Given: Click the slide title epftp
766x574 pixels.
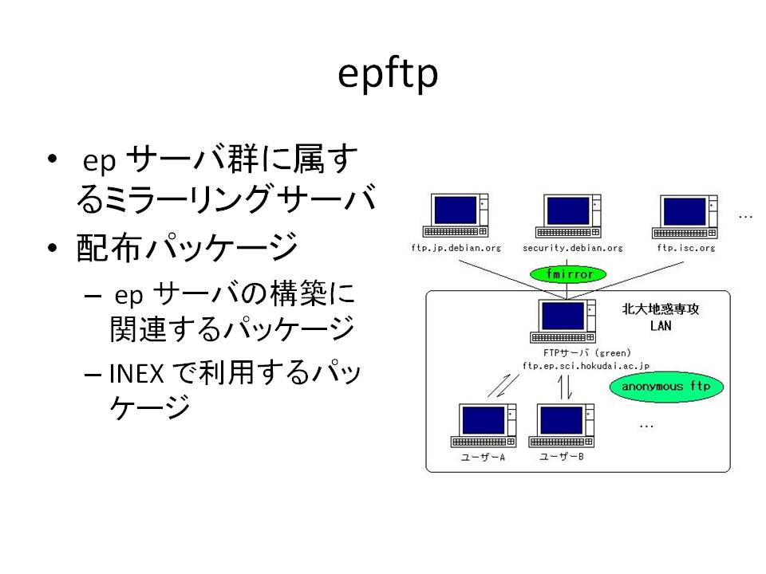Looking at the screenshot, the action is (388, 74).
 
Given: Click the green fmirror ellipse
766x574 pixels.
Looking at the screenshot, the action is (568, 273).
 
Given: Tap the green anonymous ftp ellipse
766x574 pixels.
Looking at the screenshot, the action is (666, 387).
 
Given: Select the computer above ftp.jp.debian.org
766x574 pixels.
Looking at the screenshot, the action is (456, 215).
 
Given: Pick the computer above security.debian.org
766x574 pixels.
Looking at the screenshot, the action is (568, 216).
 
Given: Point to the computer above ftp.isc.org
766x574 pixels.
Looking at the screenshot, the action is (685, 217).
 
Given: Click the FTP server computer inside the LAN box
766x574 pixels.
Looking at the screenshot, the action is (563, 320).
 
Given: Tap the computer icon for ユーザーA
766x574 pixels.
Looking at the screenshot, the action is (484, 425).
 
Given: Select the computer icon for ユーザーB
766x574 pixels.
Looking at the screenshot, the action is (561, 425).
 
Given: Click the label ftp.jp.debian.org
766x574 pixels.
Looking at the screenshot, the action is (456, 248).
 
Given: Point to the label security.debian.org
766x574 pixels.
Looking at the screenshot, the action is (573, 248).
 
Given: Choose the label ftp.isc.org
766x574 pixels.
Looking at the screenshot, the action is (686, 248).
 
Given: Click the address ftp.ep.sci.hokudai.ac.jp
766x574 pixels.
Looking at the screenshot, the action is (586, 366).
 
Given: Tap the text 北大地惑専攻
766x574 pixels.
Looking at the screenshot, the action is (661, 309).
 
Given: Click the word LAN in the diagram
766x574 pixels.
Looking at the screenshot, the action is (661, 325).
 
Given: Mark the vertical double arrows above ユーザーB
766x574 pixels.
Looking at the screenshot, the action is (565, 387).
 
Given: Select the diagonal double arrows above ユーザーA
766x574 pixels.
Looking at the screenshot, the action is (503, 386).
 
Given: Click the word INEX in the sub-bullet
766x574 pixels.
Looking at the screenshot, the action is (136, 374).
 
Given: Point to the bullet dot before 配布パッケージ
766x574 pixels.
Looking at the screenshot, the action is (53, 248).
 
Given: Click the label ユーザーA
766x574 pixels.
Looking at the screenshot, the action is (483, 458).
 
